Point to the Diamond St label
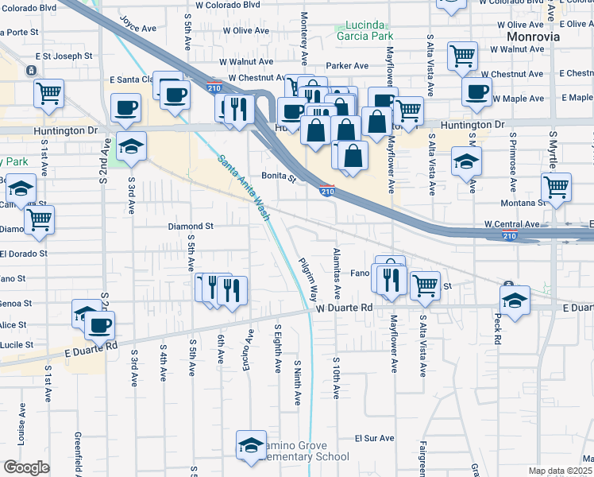pos(191,227)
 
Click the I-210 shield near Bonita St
pos(326,190)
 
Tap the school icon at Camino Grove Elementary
pos(251,444)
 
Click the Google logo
pos(26,467)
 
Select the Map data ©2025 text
pos(560,471)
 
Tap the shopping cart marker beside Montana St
pos(557,188)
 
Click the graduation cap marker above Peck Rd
pos(515,300)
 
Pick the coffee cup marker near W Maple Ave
pos(476,91)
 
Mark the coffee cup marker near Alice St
pos(99,324)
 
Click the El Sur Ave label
pos(374,438)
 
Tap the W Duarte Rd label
pos(344,307)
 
